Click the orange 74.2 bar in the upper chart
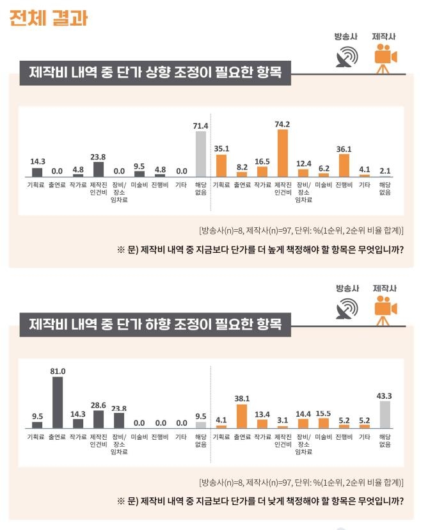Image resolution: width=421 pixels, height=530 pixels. (x=282, y=153)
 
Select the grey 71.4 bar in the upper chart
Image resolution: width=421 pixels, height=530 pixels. (x=201, y=154)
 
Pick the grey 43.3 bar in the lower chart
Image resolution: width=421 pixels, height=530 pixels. (x=385, y=414)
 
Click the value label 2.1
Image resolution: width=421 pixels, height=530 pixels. (x=385, y=170)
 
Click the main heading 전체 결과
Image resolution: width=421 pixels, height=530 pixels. (x=49, y=17)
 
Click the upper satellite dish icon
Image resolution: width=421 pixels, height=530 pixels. (x=346, y=58)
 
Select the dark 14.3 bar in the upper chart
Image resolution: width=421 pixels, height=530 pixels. (x=37, y=172)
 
